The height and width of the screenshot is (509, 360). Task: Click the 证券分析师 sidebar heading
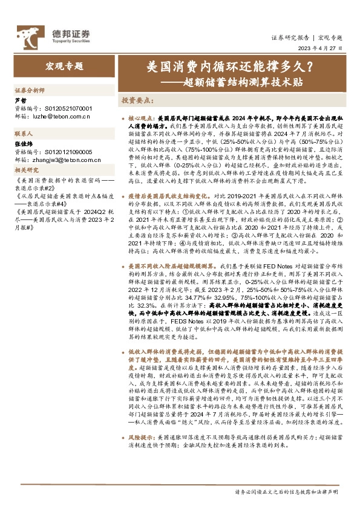pos(30,89)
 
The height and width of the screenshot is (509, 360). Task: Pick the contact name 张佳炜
pos(23,145)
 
